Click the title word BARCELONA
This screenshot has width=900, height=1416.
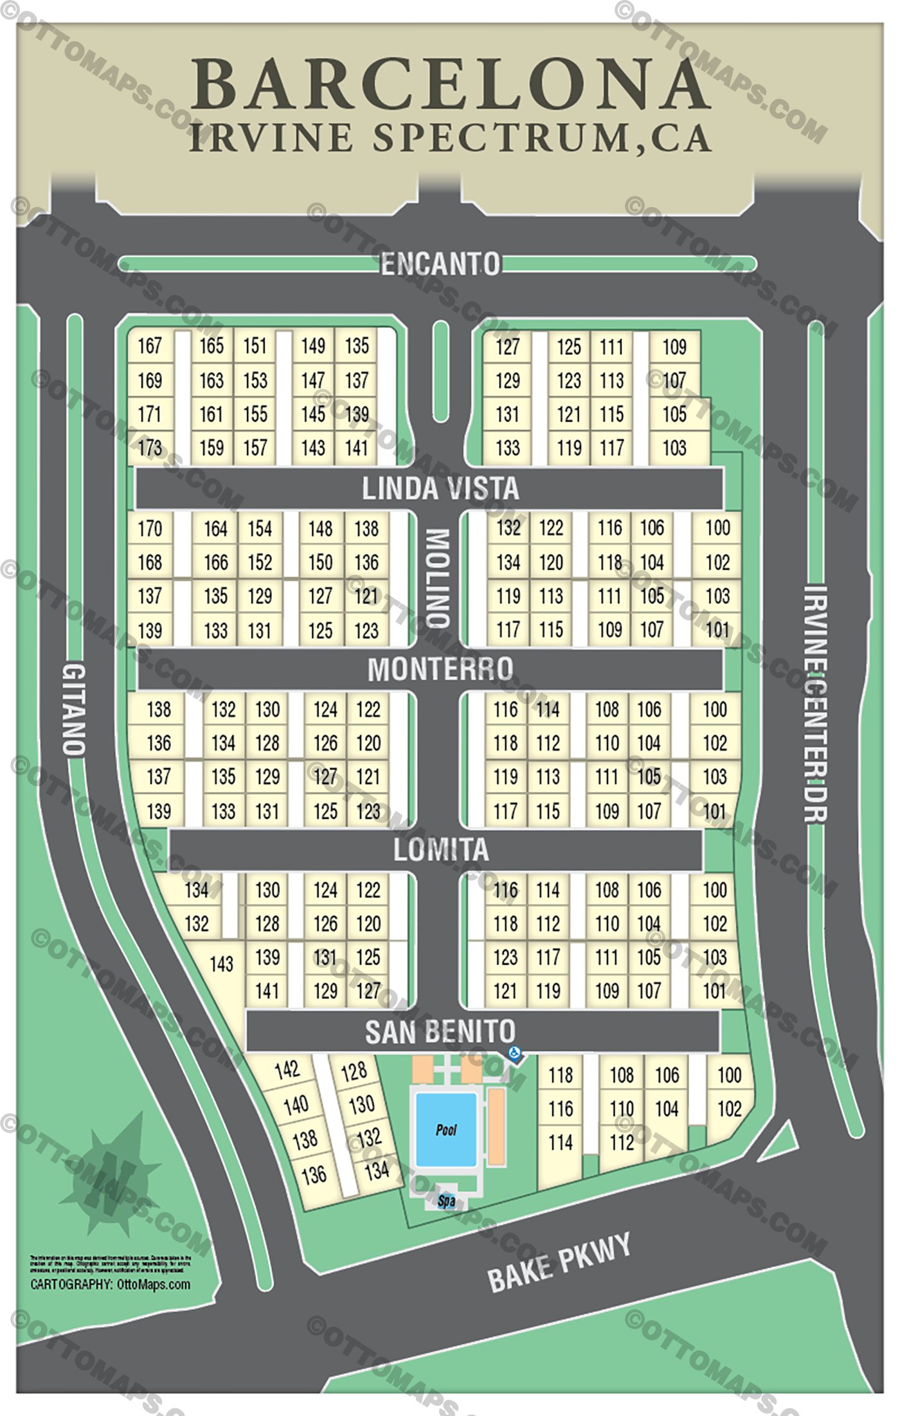(x=450, y=85)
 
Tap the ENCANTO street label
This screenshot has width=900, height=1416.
(x=440, y=264)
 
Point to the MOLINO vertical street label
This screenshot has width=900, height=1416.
(x=438, y=578)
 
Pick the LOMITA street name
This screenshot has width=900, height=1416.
(x=441, y=850)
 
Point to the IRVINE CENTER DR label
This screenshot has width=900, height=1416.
(x=816, y=703)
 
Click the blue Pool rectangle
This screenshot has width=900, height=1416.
(x=446, y=1129)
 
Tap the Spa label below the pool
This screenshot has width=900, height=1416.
(x=446, y=1200)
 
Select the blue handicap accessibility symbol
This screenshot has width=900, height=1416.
(x=514, y=1053)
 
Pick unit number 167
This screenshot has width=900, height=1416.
(x=149, y=346)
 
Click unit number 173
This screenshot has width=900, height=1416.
(x=149, y=447)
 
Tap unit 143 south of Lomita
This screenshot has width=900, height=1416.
(x=221, y=963)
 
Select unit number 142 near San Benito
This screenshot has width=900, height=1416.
(x=287, y=1070)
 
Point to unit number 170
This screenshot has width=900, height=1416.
(x=149, y=528)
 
